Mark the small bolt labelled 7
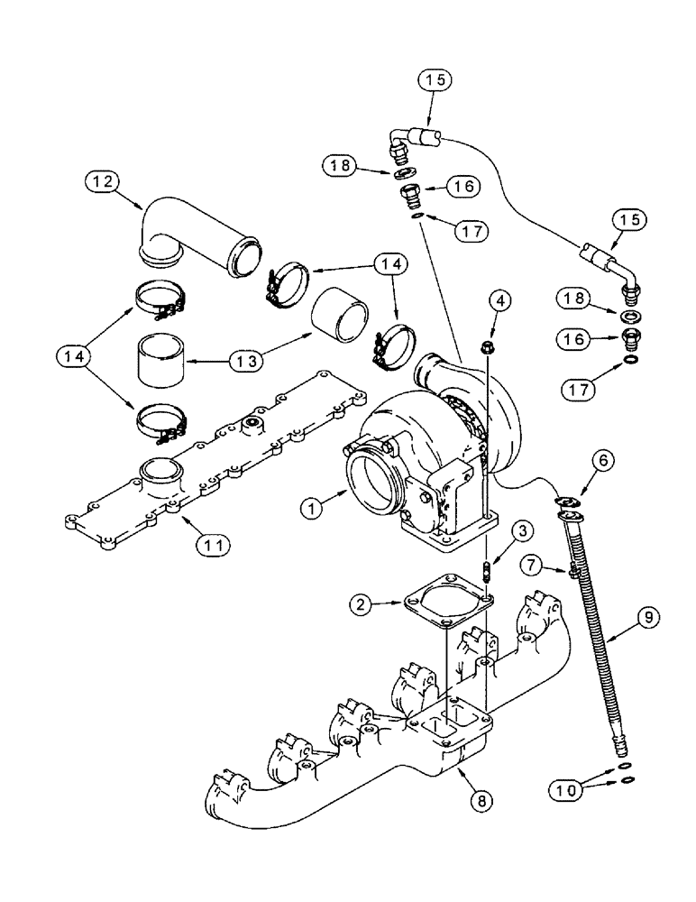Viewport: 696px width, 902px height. pyautogui.click(x=572, y=570)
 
